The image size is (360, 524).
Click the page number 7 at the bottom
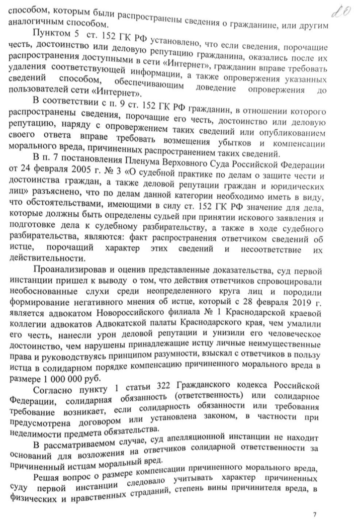point(314,514)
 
